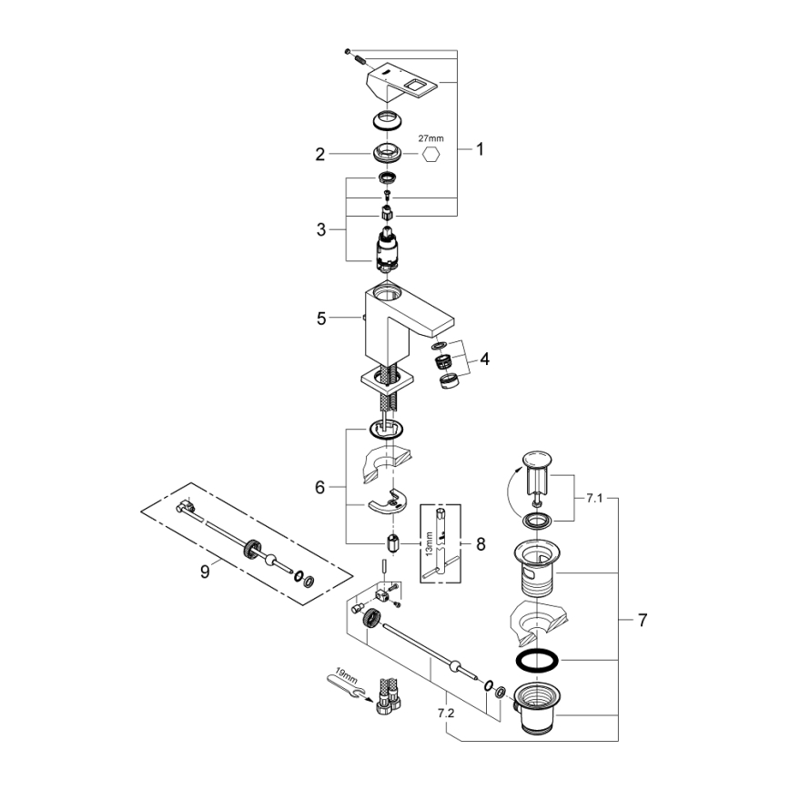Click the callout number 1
coord(480,148)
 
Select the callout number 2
coord(319,155)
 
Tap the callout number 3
coord(319,230)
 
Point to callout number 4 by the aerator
coord(485,359)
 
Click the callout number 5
coord(319,319)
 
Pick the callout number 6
coord(319,488)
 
